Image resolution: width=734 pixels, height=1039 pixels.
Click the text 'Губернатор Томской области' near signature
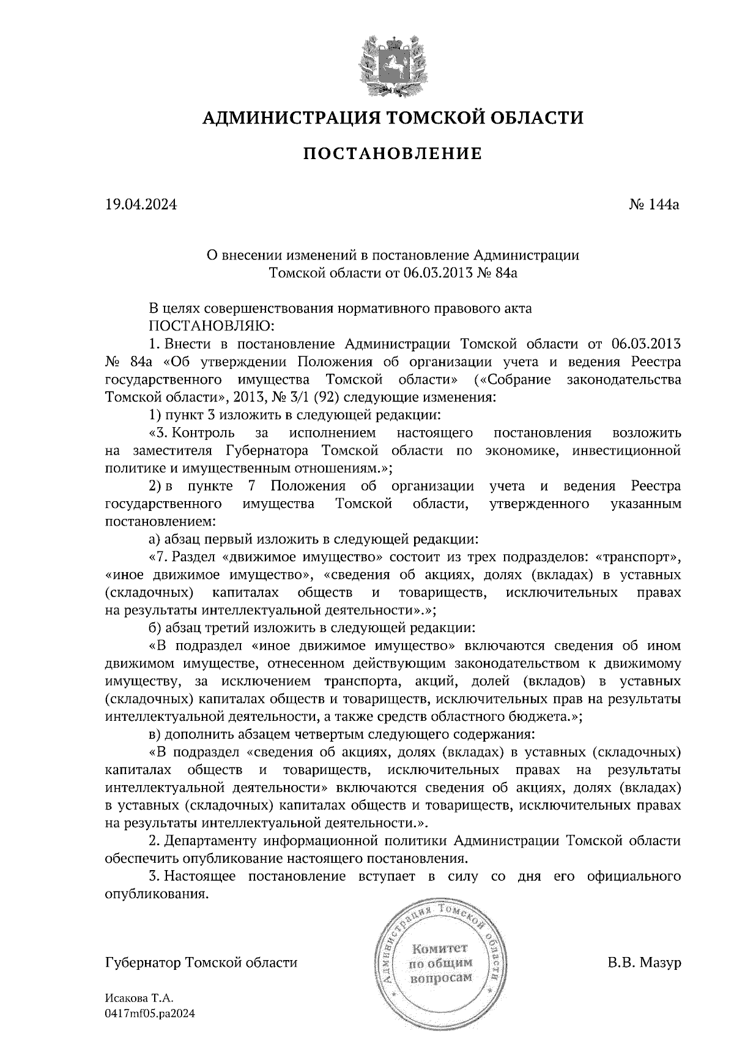pos(201,962)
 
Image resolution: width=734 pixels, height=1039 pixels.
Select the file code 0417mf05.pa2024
pos(150,1013)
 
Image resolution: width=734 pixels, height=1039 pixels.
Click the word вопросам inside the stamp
pos(441,977)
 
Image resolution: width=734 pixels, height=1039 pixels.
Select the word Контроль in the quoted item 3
pos(204,433)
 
